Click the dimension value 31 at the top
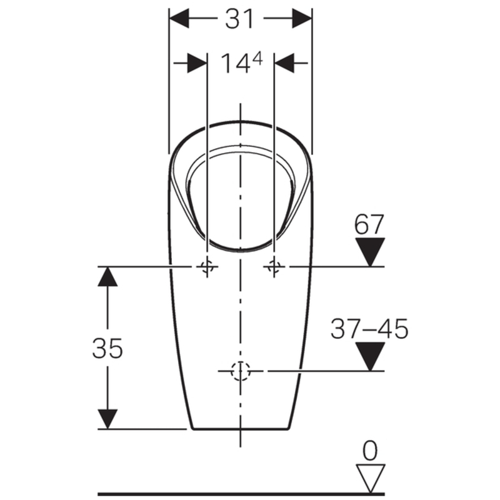click(x=239, y=19)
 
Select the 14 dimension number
click(x=235, y=64)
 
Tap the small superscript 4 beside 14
click(x=257, y=59)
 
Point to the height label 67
click(x=369, y=224)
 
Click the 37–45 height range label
click(x=369, y=329)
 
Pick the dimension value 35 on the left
click(x=107, y=348)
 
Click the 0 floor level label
click(x=370, y=451)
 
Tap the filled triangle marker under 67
click(x=370, y=252)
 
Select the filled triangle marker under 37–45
click(x=370, y=356)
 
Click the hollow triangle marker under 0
click(x=370, y=478)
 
